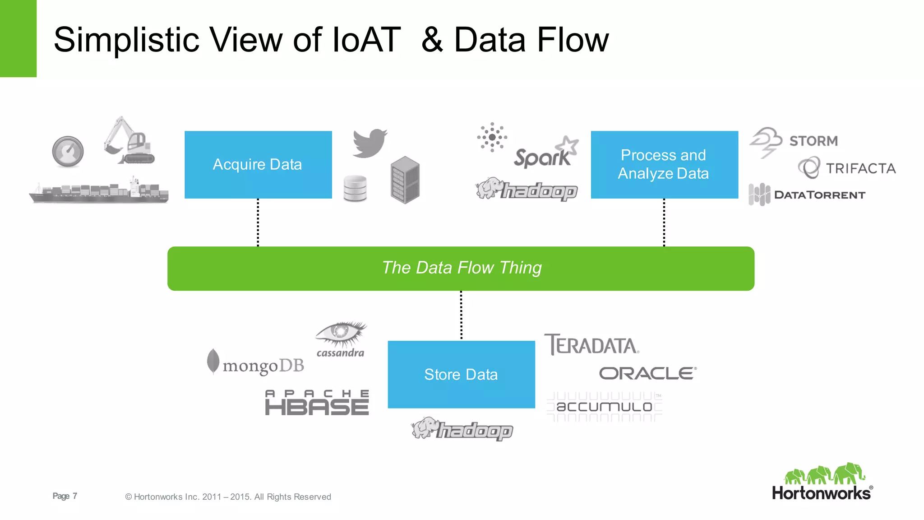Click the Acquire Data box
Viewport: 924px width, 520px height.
(x=258, y=165)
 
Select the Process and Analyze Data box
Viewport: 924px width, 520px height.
(x=664, y=165)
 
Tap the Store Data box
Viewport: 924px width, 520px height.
(x=461, y=374)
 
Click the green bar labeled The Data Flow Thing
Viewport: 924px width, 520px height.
(x=461, y=268)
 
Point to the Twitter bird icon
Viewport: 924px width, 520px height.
(x=370, y=143)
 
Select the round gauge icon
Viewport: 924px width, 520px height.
(x=68, y=152)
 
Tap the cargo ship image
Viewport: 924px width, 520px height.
(x=99, y=191)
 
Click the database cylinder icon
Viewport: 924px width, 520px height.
(x=355, y=188)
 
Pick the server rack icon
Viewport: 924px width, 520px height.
(x=405, y=180)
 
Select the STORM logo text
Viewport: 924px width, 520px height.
(x=813, y=141)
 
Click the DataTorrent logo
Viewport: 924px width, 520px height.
(x=807, y=195)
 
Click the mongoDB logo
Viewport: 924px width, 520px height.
(x=256, y=363)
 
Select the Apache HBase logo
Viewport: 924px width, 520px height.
(x=317, y=403)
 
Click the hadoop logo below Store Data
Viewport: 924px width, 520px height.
(x=462, y=429)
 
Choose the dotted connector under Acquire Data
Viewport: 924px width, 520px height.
(x=258, y=223)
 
